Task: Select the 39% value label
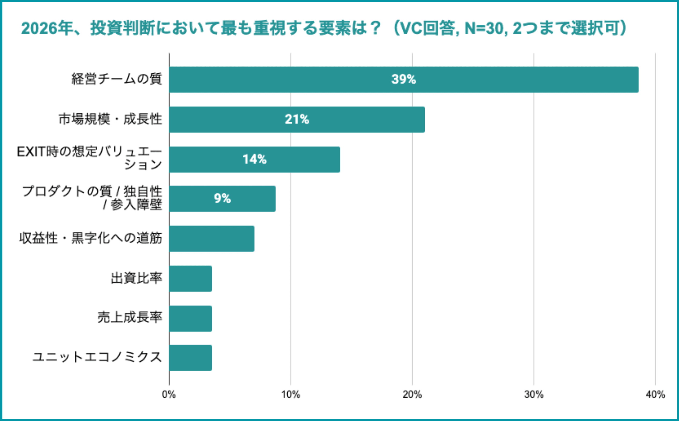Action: click(x=403, y=79)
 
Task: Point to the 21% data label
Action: click(x=297, y=119)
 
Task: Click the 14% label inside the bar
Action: click(x=254, y=159)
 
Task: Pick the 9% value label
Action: click(x=222, y=198)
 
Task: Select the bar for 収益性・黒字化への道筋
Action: click(x=212, y=239)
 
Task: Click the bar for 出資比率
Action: click(x=190, y=279)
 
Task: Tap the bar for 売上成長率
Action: click(x=190, y=319)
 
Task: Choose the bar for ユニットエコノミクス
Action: click(x=190, y=358)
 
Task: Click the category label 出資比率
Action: click(x=136, y=278)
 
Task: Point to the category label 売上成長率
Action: click(x=130, y=318)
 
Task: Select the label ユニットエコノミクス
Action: click(x=97, y=357)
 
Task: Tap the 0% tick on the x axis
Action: click(x=169, y=395)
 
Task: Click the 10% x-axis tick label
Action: click(x=290, y=395)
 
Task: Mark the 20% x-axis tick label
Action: click(x=412, y=395)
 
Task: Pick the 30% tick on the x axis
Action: click(x=534, y=395)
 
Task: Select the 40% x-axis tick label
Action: click(x=655, y=395)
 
